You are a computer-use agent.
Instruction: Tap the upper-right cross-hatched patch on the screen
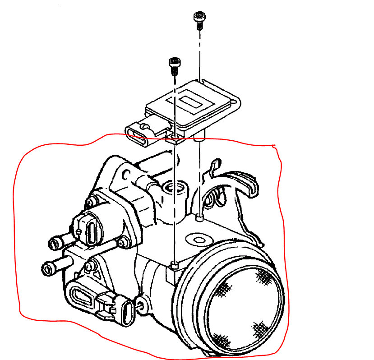[x=263, y=276]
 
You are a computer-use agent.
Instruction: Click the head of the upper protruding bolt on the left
[x=53, y=244]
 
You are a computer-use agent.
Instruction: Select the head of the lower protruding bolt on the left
[x=47, y=269]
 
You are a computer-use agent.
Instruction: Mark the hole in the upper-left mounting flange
[x=127, y=173]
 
